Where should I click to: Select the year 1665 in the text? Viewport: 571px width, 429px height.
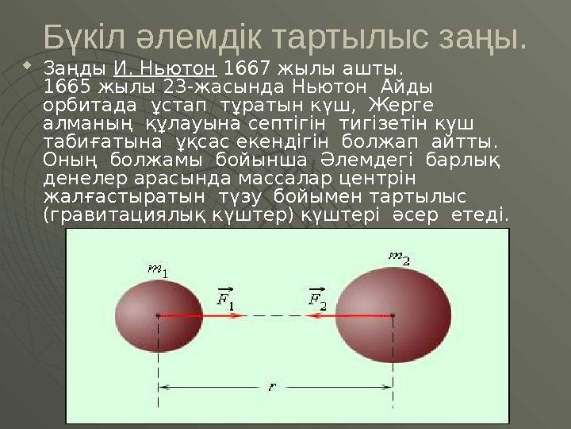pos(67,86)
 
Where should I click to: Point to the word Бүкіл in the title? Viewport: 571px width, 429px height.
pos(80,36)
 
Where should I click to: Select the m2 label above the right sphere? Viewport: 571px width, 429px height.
pos(398,257)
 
